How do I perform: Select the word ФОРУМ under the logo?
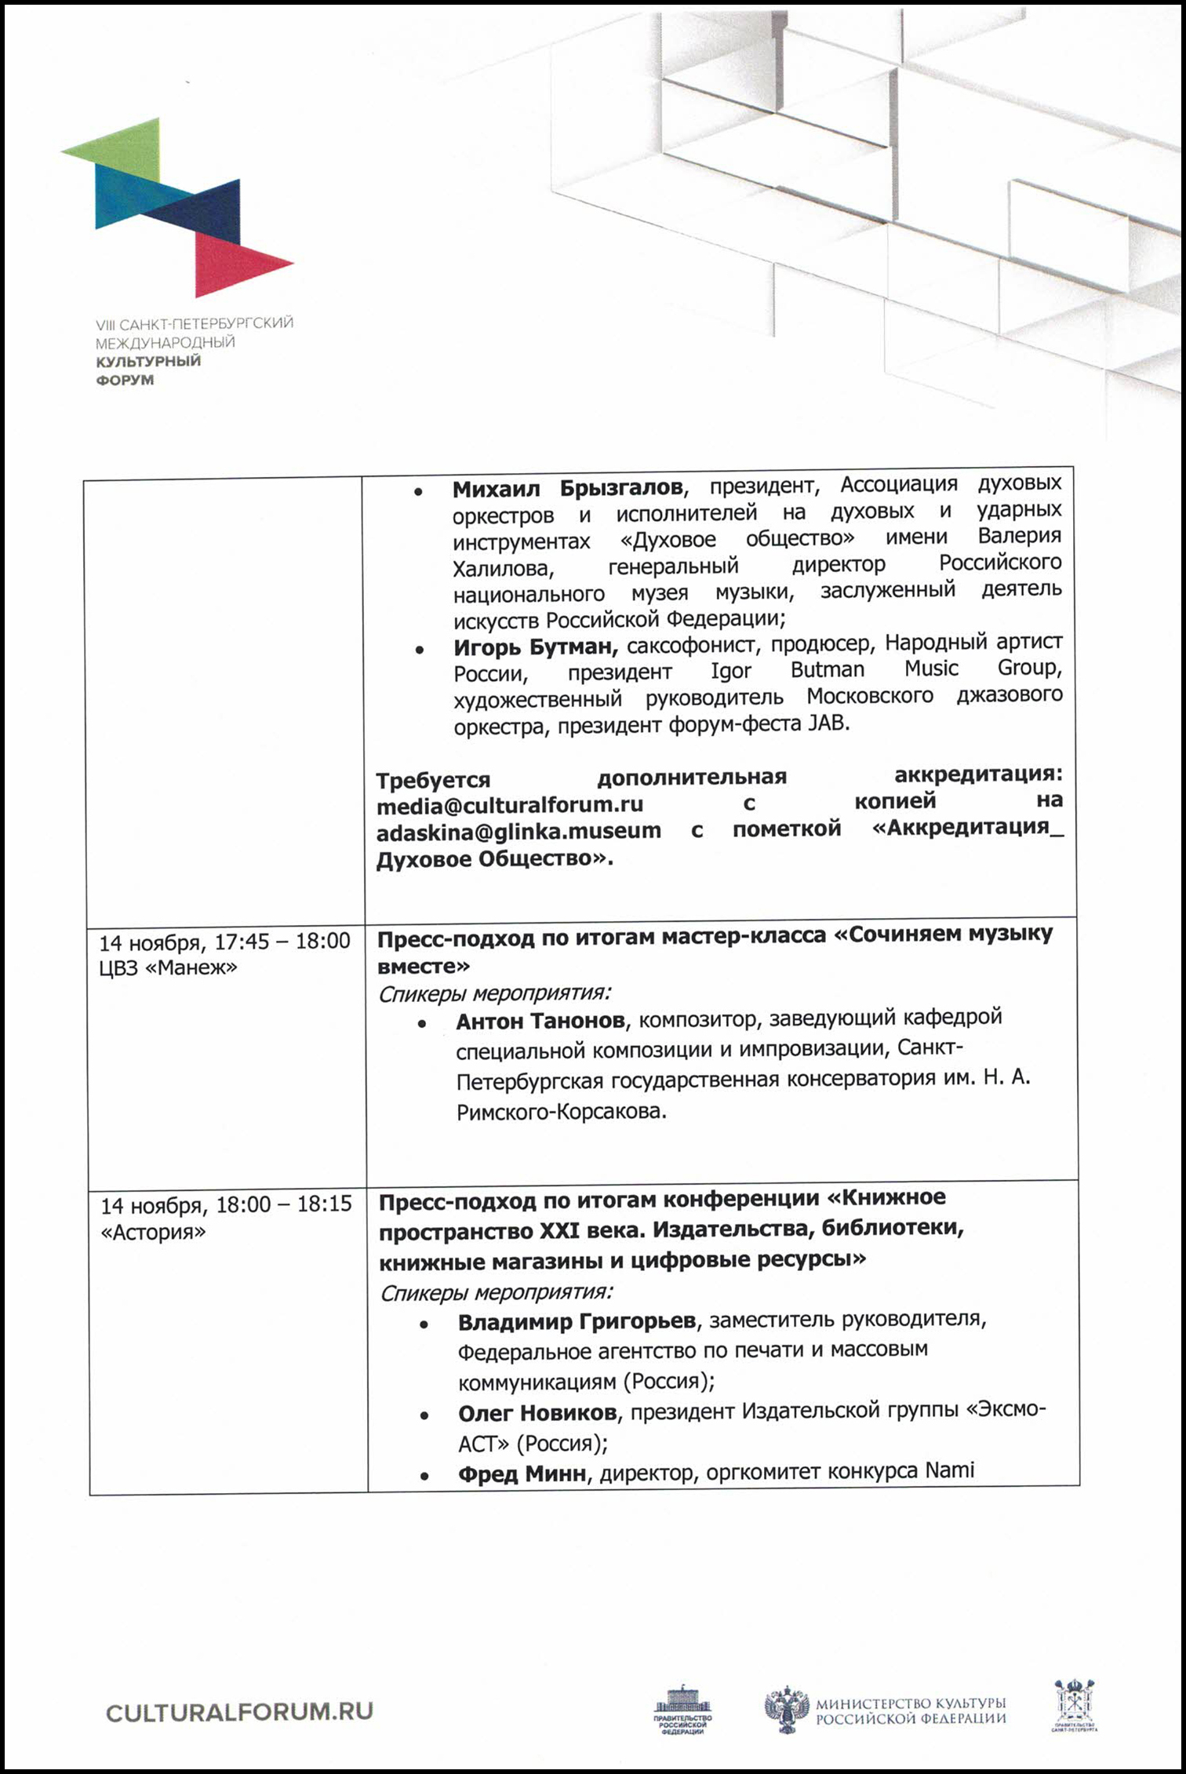click(125, 381)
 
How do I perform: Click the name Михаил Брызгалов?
click(567, 488)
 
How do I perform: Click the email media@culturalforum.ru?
click(510, 805)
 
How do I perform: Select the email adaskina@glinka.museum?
click(518, 831)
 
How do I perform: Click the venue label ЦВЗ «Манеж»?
click(168, 968)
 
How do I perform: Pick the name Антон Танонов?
click(540, 1021)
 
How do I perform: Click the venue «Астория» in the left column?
click(153, 1232)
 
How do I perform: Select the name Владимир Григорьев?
click(577, 1322)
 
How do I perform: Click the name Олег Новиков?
click(537, 1413)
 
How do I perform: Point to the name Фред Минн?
click(522, 1473)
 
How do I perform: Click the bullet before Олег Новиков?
click(424, 1415)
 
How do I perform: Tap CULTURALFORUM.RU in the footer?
click(239, 1713)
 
